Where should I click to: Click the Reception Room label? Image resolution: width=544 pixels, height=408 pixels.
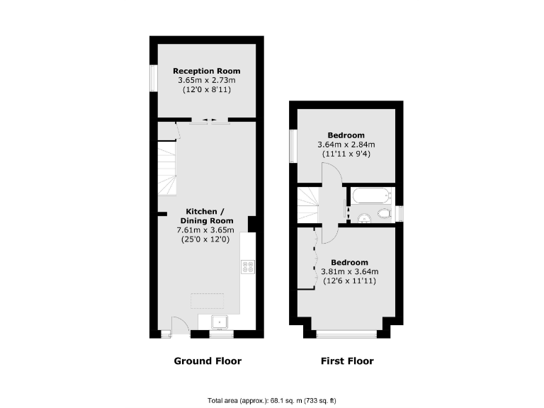(x=206, y=71)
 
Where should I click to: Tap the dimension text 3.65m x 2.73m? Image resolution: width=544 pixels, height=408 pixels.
(x=206, y=81)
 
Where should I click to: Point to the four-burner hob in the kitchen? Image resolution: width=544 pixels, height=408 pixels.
(x=249, y=267)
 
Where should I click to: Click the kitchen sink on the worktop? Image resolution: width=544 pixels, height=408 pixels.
(x=220, y=322)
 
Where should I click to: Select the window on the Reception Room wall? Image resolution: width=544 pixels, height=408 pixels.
(x=153, y=78)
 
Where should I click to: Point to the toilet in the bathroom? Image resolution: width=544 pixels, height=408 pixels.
(x=385, y=213)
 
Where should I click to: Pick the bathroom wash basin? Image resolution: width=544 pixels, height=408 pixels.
(x=363, y=217)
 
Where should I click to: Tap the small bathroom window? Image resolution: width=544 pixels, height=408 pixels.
(x=399, y=213)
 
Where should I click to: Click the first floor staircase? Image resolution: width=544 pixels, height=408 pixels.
(x=308, y=205)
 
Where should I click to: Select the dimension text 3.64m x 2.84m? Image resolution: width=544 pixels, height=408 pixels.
(x=346, y=145)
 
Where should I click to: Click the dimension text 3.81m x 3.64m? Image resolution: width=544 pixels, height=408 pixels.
(x=350, y=271)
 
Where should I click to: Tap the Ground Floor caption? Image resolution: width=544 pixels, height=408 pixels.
(x=208, y=361)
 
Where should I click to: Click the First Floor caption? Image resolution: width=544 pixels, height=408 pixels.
(x=347, y=361)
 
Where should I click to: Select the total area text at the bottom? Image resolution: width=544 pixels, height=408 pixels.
(x=271, y=398)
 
